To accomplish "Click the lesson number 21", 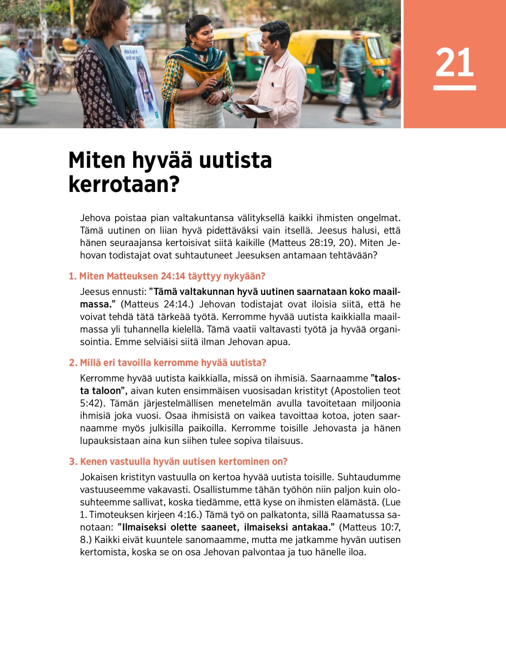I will point(455,62).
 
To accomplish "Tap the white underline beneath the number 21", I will point(455,88).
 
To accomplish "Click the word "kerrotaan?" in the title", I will point(124,184).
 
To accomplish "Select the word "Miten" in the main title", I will point(97,160).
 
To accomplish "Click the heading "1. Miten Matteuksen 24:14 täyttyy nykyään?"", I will point(167,276).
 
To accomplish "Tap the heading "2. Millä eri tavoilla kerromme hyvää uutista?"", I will point(167,363).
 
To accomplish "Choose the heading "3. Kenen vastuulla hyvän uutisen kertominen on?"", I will point(178,462).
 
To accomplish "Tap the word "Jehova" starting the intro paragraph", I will point(95,218).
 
